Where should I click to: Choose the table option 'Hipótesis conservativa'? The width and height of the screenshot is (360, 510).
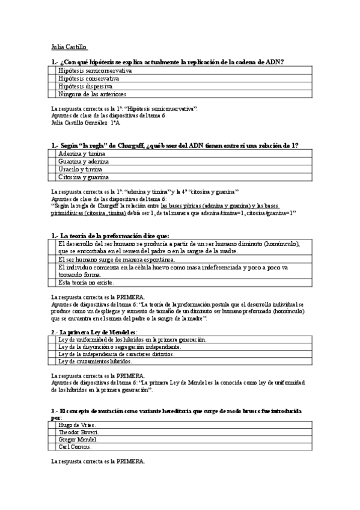click(x=90, y=79)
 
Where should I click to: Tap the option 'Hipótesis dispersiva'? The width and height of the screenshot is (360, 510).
click(x=85, y=87)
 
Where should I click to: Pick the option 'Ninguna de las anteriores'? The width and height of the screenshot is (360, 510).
click(x=92, y=94)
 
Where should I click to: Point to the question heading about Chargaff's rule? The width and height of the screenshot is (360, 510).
click(x=175, y=146)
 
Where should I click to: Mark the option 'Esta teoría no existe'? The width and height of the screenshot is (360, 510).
click(x=86, y=282)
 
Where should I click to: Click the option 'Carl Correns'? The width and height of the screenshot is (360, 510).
click(x=75, y=447)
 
